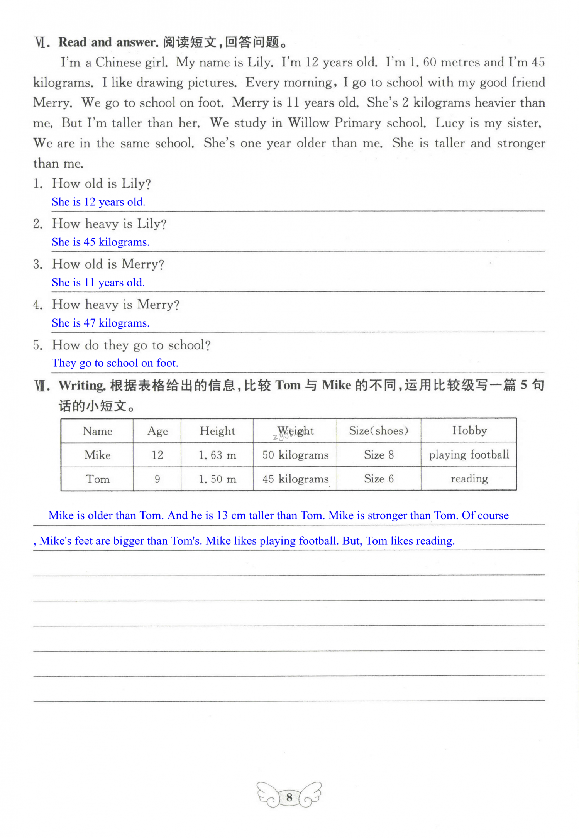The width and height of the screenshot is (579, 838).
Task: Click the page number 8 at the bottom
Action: click(x=289, y=796)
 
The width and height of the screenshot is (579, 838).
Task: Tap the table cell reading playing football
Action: click(x=469, y=455)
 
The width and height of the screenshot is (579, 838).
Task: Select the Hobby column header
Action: click(x=469, y=430)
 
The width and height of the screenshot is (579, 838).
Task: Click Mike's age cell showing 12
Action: click(x=157, y=455)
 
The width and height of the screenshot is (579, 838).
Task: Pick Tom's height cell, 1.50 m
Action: click(x=217, y=479)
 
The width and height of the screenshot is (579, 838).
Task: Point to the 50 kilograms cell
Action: click(x=295, y=455)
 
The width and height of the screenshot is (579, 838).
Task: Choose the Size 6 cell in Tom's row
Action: click(x=379, y=479)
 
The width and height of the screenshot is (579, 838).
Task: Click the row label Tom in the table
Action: click(x=98, y=479)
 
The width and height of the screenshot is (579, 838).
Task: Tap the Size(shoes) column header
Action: click(x=379, y=430)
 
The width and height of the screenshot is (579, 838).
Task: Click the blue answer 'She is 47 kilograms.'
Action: click(x=100, y=323)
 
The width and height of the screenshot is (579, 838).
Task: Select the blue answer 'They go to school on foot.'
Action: click(x=115, y=363)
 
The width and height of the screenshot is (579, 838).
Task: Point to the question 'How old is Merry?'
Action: click(x=108, y=264)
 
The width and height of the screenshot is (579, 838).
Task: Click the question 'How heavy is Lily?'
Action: click(x=109, y=224)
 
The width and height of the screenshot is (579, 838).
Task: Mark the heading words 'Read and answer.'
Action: click(x=108, y=42)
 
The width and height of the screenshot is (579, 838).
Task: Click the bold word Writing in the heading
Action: click(x=82, y=385)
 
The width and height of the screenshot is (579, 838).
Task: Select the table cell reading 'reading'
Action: click(x=469, y=479)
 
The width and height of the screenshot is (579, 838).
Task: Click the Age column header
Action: click(x=157, y=431)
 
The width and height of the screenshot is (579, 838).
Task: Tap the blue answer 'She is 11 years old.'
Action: click(x=98, y=283)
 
